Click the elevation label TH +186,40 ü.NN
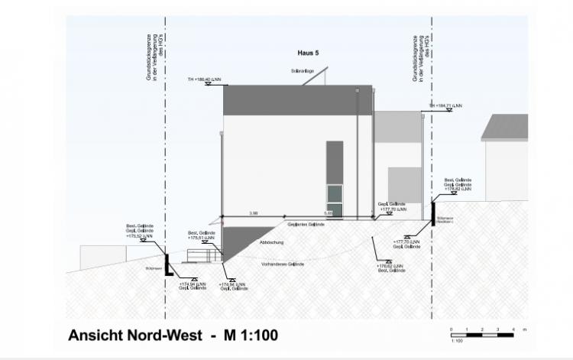[204, 79]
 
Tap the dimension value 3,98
[253, 212]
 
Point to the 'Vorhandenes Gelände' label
[283, 264]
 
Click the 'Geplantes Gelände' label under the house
[306, 225]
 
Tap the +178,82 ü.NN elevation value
[458, 188]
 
